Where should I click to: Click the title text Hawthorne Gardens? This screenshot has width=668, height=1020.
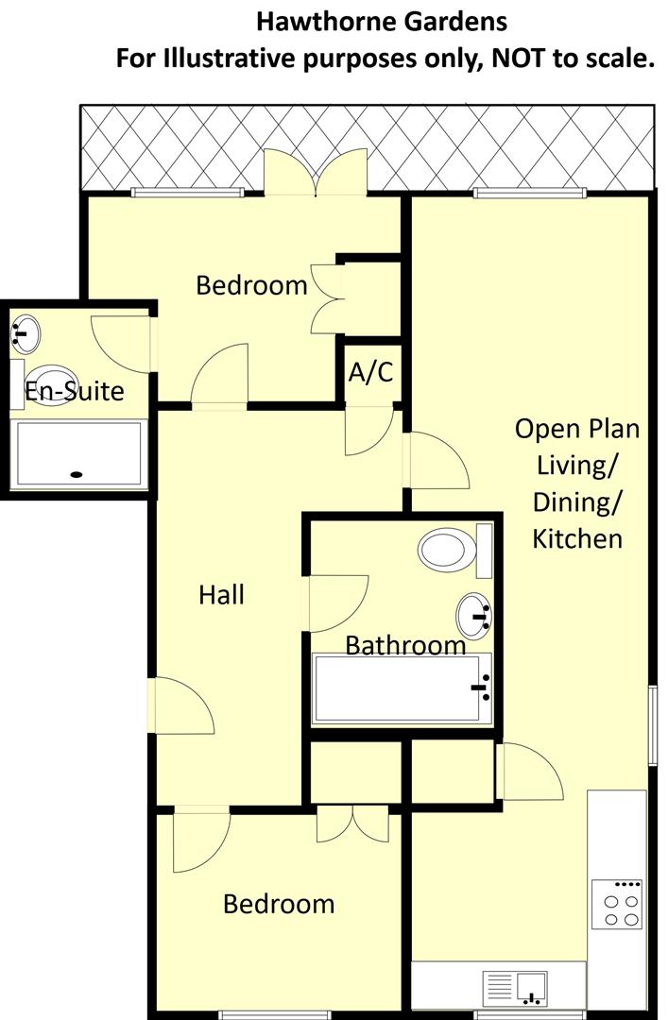(x=382, y=21)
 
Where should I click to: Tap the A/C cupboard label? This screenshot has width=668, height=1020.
(x=370, y=372)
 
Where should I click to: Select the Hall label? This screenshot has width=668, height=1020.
(x=222, y=595)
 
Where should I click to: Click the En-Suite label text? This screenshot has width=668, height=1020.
(x=75, y=390)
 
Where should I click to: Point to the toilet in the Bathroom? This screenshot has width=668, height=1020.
(x=448, y=550)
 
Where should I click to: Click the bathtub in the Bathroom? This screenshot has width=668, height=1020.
(x=403, y=688)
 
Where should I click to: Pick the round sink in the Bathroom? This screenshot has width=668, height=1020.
(x=475, y=617)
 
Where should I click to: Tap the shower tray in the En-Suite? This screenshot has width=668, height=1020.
(x=78, y=455)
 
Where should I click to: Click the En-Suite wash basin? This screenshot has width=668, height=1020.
(x=26, y=333)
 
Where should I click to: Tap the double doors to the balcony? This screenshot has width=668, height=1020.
(x=316, y=173)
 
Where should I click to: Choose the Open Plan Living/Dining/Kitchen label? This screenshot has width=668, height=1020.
(x=576, y=484)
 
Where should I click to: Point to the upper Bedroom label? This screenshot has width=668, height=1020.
(x=251, y=284)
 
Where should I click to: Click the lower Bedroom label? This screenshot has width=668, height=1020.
(x=279, y=904)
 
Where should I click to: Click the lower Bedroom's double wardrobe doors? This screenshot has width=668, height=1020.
(x=352, y=824)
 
